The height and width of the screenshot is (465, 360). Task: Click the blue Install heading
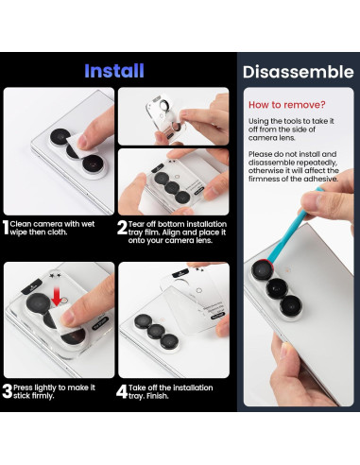point(114,71)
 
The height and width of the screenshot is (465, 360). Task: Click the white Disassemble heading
point(298,71)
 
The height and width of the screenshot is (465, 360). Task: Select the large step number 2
point(123,227)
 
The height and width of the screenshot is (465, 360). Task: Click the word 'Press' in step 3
point(27,387)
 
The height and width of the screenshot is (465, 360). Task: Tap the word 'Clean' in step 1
point(27,222)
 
